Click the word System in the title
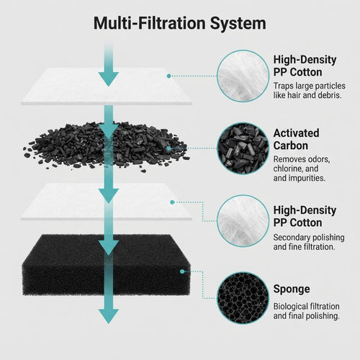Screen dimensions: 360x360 238,24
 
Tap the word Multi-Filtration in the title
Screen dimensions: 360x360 149,23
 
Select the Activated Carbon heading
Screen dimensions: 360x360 296,140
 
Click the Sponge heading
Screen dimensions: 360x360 292,289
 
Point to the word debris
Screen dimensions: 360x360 330,95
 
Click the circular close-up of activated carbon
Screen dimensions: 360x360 243,148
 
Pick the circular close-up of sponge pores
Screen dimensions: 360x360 243,297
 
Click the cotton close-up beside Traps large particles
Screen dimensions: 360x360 243,76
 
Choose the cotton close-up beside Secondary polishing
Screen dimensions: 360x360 243,221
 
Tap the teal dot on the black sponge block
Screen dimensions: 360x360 182,271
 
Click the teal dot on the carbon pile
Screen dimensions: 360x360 168,148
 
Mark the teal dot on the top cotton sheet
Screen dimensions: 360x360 168,76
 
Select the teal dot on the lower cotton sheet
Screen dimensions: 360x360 172,202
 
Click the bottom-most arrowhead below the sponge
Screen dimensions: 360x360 109,315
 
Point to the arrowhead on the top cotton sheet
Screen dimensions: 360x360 109,78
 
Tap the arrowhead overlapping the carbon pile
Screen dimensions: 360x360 109,131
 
